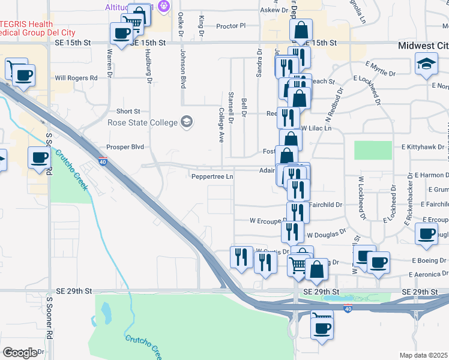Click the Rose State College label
click(x=142, y=122)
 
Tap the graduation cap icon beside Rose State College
click(x=186, y=122)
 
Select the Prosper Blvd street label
click(x=125, y=146)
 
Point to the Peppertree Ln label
click(x=212, y=176)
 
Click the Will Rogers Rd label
click(x=76, y=78)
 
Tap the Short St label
click(x=128, y=111)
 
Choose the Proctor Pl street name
click(x=231, y=26)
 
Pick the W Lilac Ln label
click(x=316, y=128)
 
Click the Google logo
click(x=20, y=352)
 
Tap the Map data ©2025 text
click(x=424, y=355)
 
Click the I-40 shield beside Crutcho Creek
click(x=103, y=161)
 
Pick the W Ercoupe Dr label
click(x=268, y=220)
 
